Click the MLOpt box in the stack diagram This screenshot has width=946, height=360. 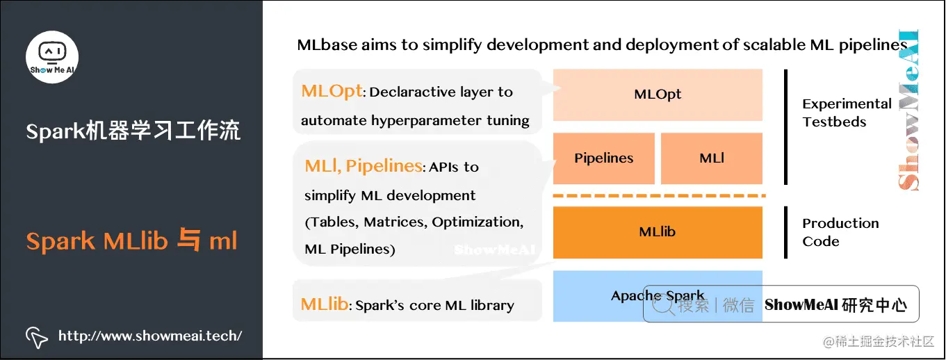[x=658, y=95]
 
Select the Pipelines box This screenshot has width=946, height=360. [x=603, y=158]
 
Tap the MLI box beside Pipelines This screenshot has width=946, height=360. [x=712, y=158]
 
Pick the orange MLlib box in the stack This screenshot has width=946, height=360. [x=658, y=231]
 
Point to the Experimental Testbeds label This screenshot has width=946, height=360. [x=847, y=113]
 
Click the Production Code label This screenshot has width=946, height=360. [x=840, y=232]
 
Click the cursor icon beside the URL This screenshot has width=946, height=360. [x=36, y=337]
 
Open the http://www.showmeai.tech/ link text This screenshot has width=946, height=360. [x=150, y=336]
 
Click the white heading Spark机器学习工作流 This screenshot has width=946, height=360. [x=133, y=131]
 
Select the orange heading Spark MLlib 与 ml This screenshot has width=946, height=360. [x=132, y=241]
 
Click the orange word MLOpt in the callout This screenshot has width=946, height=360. [x=332, y=91]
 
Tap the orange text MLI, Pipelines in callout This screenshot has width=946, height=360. [x=363, y=165]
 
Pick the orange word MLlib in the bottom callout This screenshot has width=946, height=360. [x=324, y=304]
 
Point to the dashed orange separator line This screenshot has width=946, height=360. [x=658, y=195]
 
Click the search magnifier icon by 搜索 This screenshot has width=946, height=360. [x=666, y=304]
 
